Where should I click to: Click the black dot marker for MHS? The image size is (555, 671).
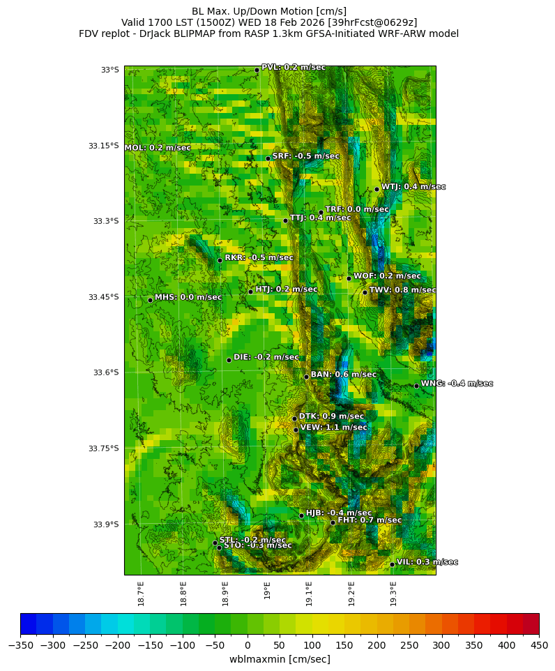coord(150,300)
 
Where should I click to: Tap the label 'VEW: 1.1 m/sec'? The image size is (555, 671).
coord(333,428)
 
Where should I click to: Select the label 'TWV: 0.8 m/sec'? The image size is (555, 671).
coord(402,290)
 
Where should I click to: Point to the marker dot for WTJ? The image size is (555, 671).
coord(377,189)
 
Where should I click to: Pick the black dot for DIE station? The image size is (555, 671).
coord(229,360)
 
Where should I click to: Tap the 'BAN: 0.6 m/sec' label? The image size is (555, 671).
coord(343,375)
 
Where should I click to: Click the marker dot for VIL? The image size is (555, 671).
coord(392,564)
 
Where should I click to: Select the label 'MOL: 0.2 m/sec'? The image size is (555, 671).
coord(158,148)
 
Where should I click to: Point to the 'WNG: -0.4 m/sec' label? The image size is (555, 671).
coord(457,384)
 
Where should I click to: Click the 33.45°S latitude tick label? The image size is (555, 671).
coord(103,297)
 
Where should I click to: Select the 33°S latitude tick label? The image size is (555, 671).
coord(110,70)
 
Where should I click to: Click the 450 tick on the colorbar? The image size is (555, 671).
coord(539,646)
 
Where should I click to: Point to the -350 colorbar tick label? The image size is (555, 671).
coord(20,646)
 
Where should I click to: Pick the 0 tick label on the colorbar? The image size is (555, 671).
coord(248,646)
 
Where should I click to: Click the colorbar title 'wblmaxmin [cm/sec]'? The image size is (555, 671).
coord(280,659)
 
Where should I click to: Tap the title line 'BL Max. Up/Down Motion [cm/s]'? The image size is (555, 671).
coord(269,11)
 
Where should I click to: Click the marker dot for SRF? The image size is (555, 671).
coord(268,158)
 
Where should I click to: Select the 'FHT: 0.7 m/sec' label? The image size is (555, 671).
coord(370,520)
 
